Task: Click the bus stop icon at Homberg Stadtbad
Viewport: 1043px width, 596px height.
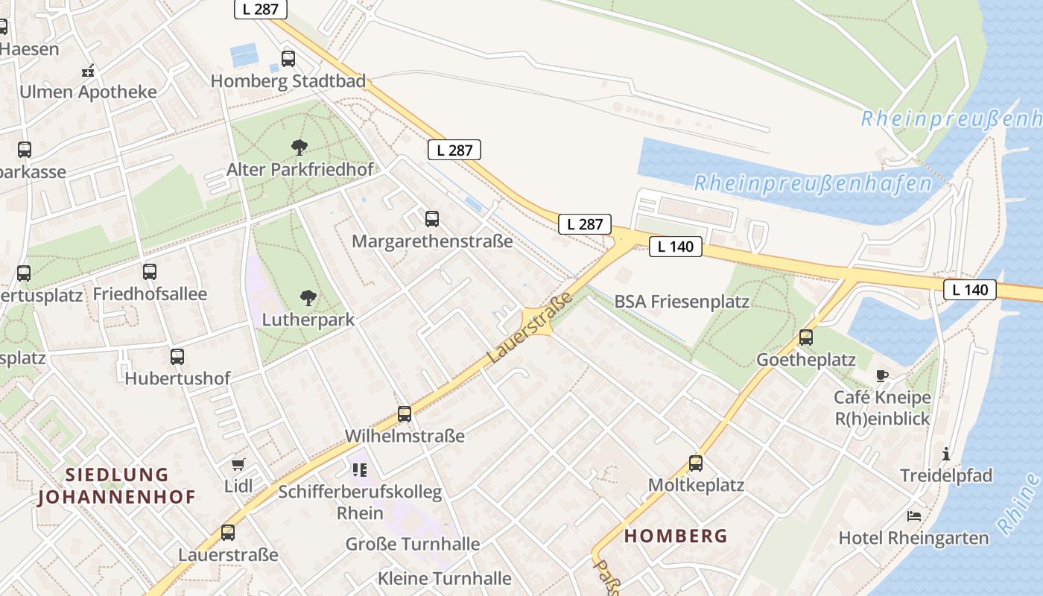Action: pyautogui.click(x=288, y=59)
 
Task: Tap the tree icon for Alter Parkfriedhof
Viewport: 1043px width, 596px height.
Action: pyautogui.click(x=299, y=147)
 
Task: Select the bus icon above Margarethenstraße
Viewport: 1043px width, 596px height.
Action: pyautogui.click(x=432, y=219)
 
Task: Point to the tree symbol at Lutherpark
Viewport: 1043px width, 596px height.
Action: pyautogui.click(x=308, y=298)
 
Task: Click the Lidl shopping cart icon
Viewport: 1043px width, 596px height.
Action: pyautogui.click(x=238, y=465)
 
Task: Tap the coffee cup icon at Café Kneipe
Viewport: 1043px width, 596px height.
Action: pyautogui.click(x=883, y=375)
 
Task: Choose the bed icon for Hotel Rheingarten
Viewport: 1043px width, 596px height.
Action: pyautogui.click(x=914, y=516)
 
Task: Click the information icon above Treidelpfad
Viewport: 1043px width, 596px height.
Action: pyautogui.click(x=946, y=453)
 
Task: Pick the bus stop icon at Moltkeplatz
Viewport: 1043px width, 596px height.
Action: pyautogui.click(x=696, y=463)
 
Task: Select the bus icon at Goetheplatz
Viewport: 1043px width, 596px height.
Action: pyautogui.click(x=806, y=337)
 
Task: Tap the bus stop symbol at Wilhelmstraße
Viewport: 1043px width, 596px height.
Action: pyautogui.click(x=405, y=414)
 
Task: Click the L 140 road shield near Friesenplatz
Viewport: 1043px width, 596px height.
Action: pyautogui.click(x=676, y=247)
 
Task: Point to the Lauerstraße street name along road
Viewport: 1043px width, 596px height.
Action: pyautogui.click(x=530, y=328)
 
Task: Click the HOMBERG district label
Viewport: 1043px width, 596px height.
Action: pyautogui.click(x=676, y=536)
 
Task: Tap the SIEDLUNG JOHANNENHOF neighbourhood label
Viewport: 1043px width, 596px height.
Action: pyautogui.click(x=117, y=486)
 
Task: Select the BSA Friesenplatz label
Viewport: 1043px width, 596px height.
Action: pyautogui.click(x=682, y=302)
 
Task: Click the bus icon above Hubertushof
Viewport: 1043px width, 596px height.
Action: pyautogui.click(x=177, y=357)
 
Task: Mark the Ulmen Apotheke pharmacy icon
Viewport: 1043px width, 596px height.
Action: pyautogui.click(x=89, y=72)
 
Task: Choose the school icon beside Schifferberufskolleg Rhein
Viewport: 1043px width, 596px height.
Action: pyautogui.click(x=360, y=470)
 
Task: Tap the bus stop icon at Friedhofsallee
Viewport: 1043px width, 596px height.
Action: pyautogui.click(x=150, y=272)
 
